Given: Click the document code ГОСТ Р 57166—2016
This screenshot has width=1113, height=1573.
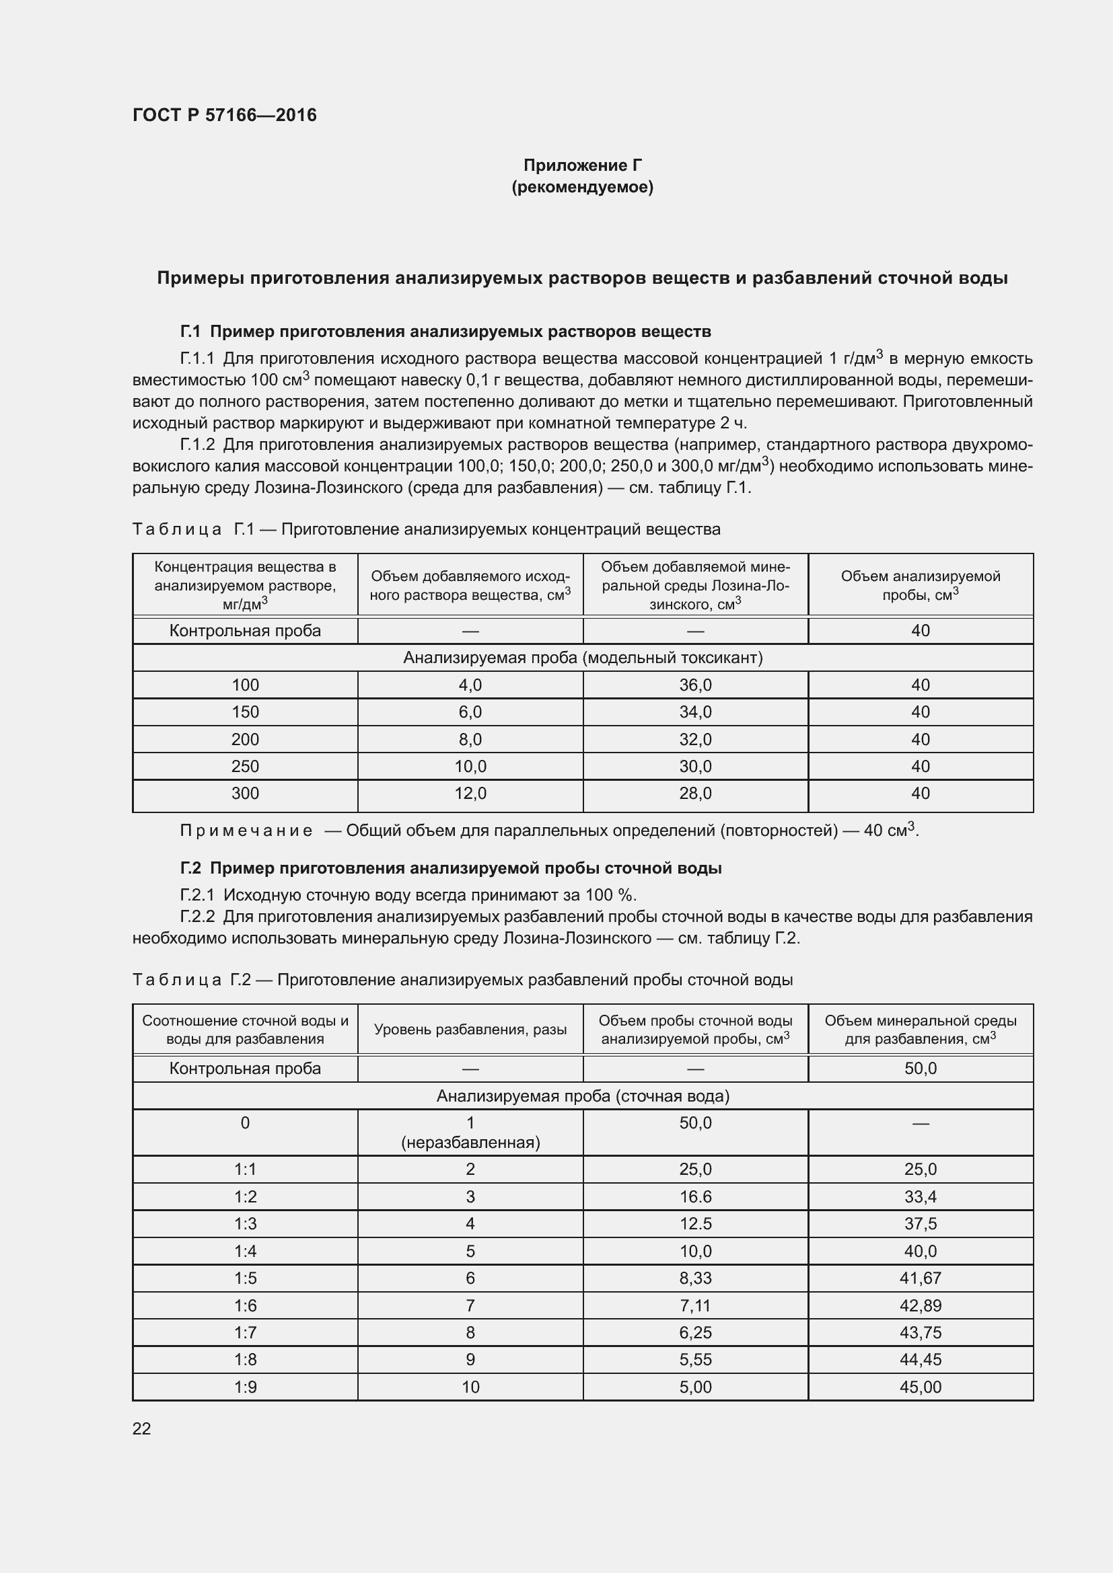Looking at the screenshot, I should [x=224, y=115].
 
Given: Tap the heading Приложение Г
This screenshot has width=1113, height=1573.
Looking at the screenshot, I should [x=582, y=165].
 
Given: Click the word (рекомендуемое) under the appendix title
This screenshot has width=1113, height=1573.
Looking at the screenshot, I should [x=582, y=187].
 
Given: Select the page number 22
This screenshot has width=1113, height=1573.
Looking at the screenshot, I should [x=141, y=1428].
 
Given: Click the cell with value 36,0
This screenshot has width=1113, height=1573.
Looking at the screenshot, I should [x=695, y=685].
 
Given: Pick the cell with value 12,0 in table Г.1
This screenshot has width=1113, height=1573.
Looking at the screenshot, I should [x=470, y=794].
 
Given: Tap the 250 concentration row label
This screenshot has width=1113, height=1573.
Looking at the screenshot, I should [x=245, y=766].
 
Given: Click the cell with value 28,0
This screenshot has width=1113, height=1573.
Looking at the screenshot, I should [x=695, y=794].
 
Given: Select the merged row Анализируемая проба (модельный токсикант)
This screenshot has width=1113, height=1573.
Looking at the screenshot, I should [x=582, y=658].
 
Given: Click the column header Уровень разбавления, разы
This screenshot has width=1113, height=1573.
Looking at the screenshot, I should [x=470, y=1030].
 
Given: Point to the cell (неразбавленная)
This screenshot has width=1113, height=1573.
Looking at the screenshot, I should [x=470, y=1142].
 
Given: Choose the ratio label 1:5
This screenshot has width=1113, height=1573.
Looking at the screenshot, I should [x=245, y=1278].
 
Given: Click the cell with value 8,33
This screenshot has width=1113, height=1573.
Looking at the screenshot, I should [x=695, y=1278].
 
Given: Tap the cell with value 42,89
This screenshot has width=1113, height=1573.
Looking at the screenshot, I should [x=920, y=1306].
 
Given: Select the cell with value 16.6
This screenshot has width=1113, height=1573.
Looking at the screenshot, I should [x=695, y=1197].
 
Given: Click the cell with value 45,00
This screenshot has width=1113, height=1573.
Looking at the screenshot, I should [x=920, y=1387].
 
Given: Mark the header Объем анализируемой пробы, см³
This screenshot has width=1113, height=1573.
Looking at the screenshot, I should [x=920, y=585].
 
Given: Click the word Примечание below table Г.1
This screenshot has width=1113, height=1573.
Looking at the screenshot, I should [x=246, y=831].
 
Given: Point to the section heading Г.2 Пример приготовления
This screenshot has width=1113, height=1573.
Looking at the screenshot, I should [x=450, y=868].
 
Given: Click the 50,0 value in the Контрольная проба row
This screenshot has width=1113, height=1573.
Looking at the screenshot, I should [x=920, y=1069].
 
